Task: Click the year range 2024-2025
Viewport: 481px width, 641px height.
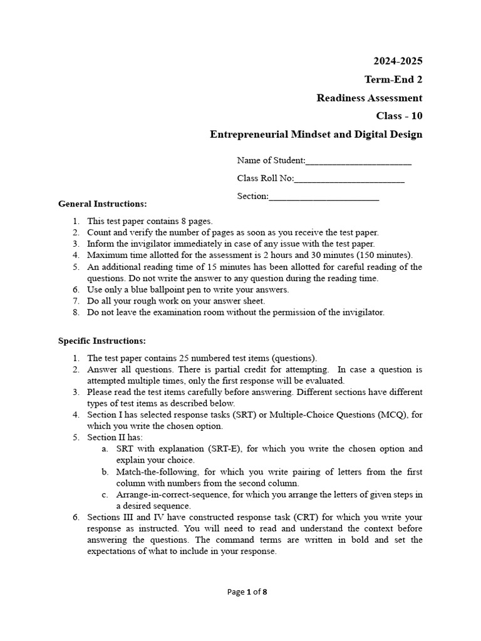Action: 398,61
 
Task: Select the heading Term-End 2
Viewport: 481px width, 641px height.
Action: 393,79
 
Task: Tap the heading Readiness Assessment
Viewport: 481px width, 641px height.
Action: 369,98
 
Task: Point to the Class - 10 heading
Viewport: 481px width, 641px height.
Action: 399,116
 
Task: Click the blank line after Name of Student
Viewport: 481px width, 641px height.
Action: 358,161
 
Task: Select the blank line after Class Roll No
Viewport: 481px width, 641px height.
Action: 349,179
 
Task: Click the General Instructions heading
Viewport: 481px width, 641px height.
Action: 103,204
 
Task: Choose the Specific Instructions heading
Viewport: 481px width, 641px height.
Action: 102,341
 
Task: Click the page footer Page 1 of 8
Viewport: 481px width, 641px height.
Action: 240,592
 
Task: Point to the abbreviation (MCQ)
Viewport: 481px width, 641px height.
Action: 392,414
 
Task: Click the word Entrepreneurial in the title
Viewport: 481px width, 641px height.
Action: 249,134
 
